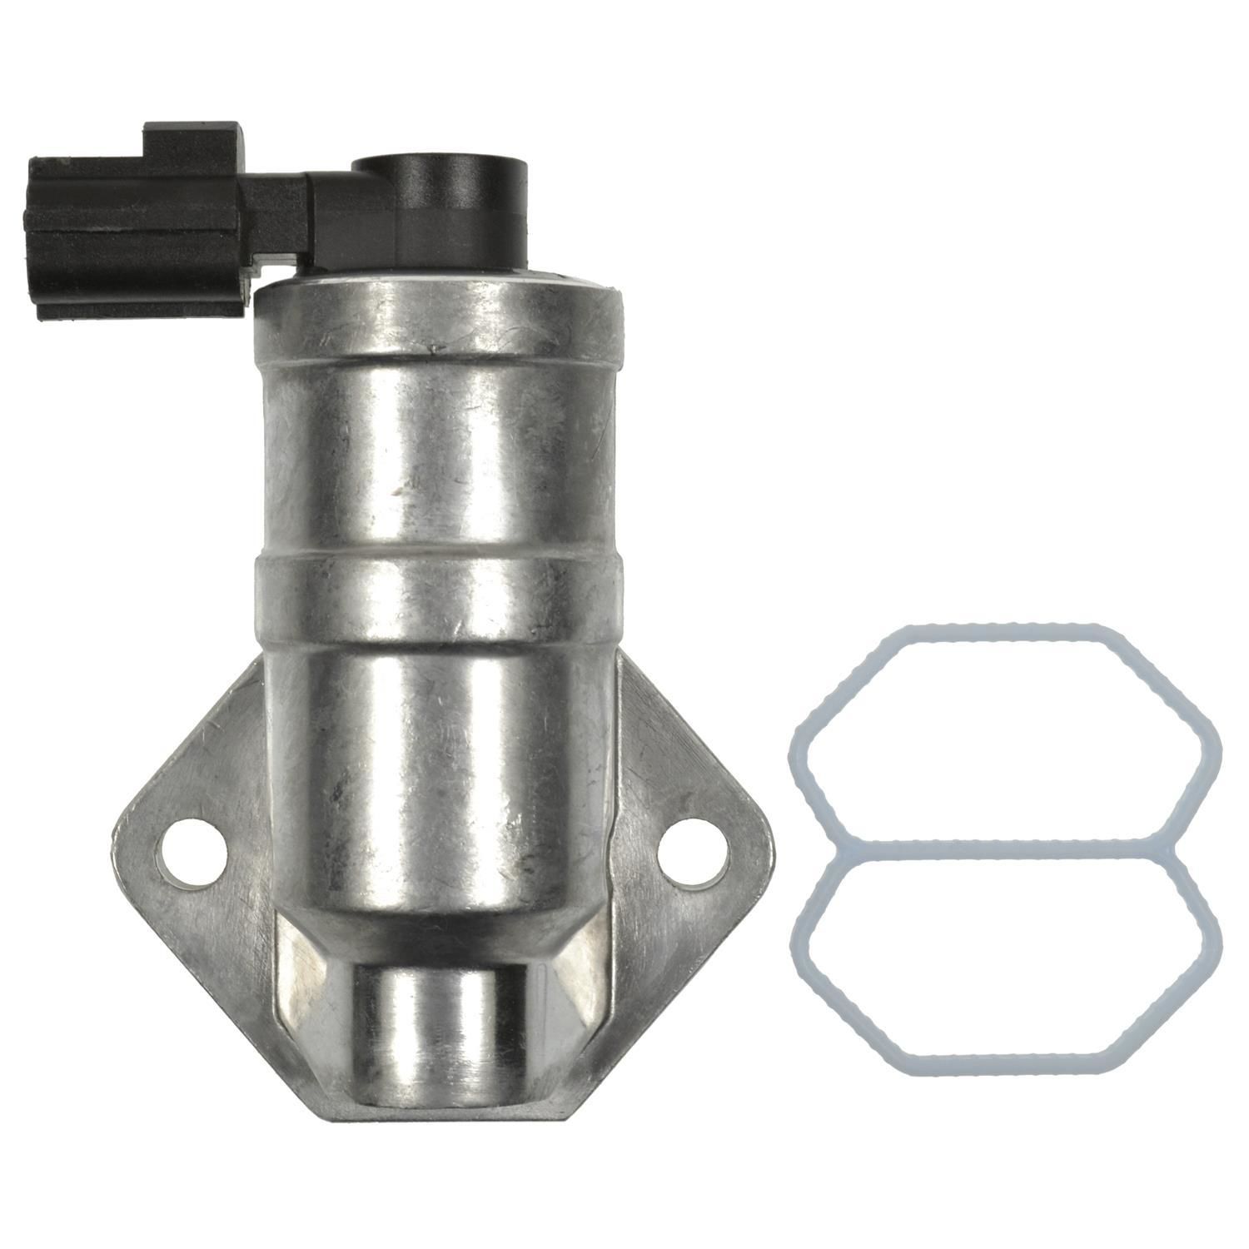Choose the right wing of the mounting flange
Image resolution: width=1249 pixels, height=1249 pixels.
coord(691,799)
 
